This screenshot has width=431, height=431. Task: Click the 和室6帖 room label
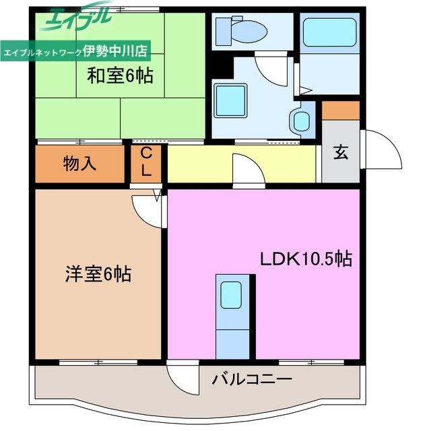tap(120, 75)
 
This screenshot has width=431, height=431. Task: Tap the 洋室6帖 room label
tap(98, 274)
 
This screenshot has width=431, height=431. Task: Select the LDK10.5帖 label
tap(306, 259)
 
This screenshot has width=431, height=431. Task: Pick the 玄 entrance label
tap(341, 153)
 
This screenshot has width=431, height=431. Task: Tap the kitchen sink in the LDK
tap(231, 294)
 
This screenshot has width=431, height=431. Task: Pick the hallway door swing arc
tap(242, 168)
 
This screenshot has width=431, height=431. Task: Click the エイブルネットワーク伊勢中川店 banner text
tap(76, 51)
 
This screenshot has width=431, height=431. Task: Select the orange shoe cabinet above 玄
tap(341, 109)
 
